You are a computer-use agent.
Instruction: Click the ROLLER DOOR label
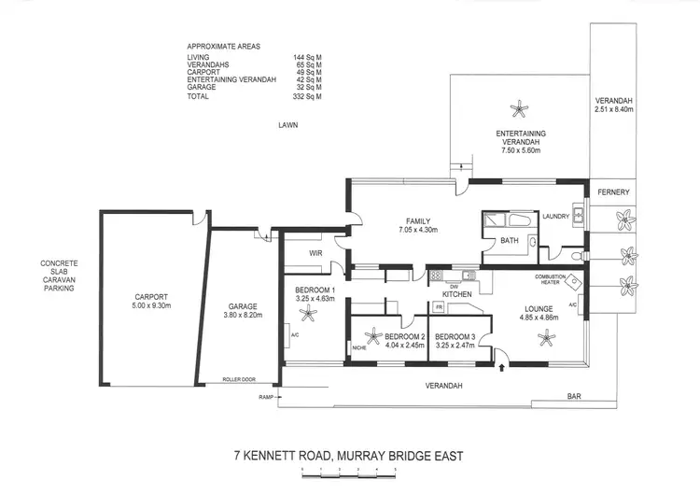(238, 380)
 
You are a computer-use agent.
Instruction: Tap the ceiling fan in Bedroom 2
(373, 336)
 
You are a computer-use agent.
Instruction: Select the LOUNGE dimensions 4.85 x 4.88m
(545, 318)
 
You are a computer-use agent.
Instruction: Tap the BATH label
(509, 240)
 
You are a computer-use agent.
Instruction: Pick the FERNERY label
(614, 192)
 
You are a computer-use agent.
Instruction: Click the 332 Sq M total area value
(307, 96)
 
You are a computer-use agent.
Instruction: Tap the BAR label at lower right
(575, 397)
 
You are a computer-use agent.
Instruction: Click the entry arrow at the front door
(503, 369)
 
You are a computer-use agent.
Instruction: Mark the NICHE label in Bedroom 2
(359, 349)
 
